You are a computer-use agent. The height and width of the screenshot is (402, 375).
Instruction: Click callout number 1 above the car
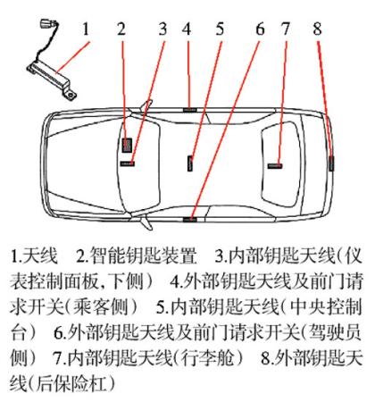click(86, 29)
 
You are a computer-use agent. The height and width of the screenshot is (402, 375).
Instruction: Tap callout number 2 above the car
click(121, 29)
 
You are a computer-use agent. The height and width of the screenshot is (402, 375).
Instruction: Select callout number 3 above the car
click(162, 29)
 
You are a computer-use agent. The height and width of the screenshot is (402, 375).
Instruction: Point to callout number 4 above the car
click(187, 29)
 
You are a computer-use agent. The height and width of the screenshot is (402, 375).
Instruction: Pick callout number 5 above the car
click(220, 29)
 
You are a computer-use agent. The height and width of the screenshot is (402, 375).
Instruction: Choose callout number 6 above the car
click(260, 29)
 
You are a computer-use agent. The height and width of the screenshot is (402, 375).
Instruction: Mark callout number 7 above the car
click(286, 29)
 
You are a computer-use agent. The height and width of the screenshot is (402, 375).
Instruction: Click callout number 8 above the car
click(317, 29)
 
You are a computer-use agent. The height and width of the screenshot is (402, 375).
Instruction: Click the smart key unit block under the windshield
click(128, 146)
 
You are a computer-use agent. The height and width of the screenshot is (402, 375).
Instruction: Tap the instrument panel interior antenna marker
click(128, 163)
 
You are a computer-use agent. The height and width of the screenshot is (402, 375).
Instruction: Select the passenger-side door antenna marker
click(189, 110)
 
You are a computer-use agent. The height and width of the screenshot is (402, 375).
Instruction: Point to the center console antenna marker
click(190, 163)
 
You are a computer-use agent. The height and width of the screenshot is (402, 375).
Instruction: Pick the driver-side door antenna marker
click(189, 220)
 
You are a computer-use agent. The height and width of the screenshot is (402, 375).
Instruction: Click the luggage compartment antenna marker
click(275, 166)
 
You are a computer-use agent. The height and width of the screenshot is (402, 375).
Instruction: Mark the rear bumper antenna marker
click(331, 163)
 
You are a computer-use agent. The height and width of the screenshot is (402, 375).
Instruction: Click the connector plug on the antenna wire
click(47, 24)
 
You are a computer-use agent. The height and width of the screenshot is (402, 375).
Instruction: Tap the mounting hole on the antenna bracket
click(71, 96)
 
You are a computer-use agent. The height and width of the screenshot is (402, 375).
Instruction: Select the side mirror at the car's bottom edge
click(146, 222)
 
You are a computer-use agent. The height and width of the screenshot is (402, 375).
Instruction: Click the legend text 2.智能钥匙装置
click(137, 255)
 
